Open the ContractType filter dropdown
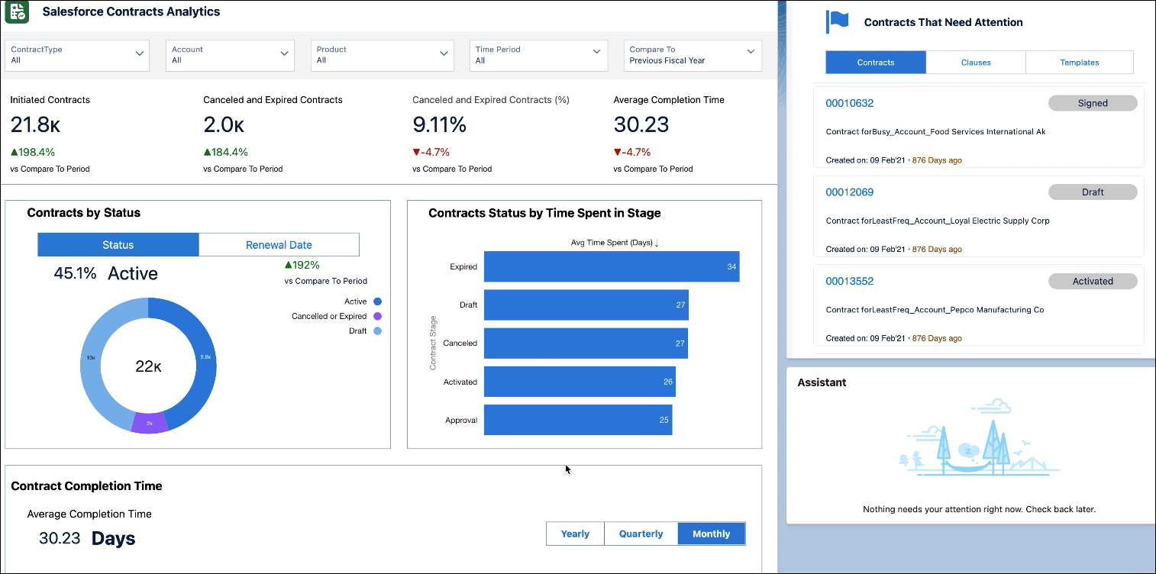(x=77, y=55)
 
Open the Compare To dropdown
(x=692, y=55)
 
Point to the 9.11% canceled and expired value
(x=439, y=124)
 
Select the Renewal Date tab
(x=279, y=245)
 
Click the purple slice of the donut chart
(x=150, y=423)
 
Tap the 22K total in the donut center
(x=148, y=366)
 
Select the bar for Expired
(x=611, y=266)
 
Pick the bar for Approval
(x=577, y=420)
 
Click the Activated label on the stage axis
(x=460, y=382)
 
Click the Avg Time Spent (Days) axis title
(x=615, y=243)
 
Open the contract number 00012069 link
(x=850, y=192)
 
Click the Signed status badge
(x=1093, y=103)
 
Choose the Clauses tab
(x=975, y=63)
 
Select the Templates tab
(x=1079, y=63)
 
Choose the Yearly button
(x=575, y=534)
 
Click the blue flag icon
(x=838, y=22)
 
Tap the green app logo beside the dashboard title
(x=16, y=12)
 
